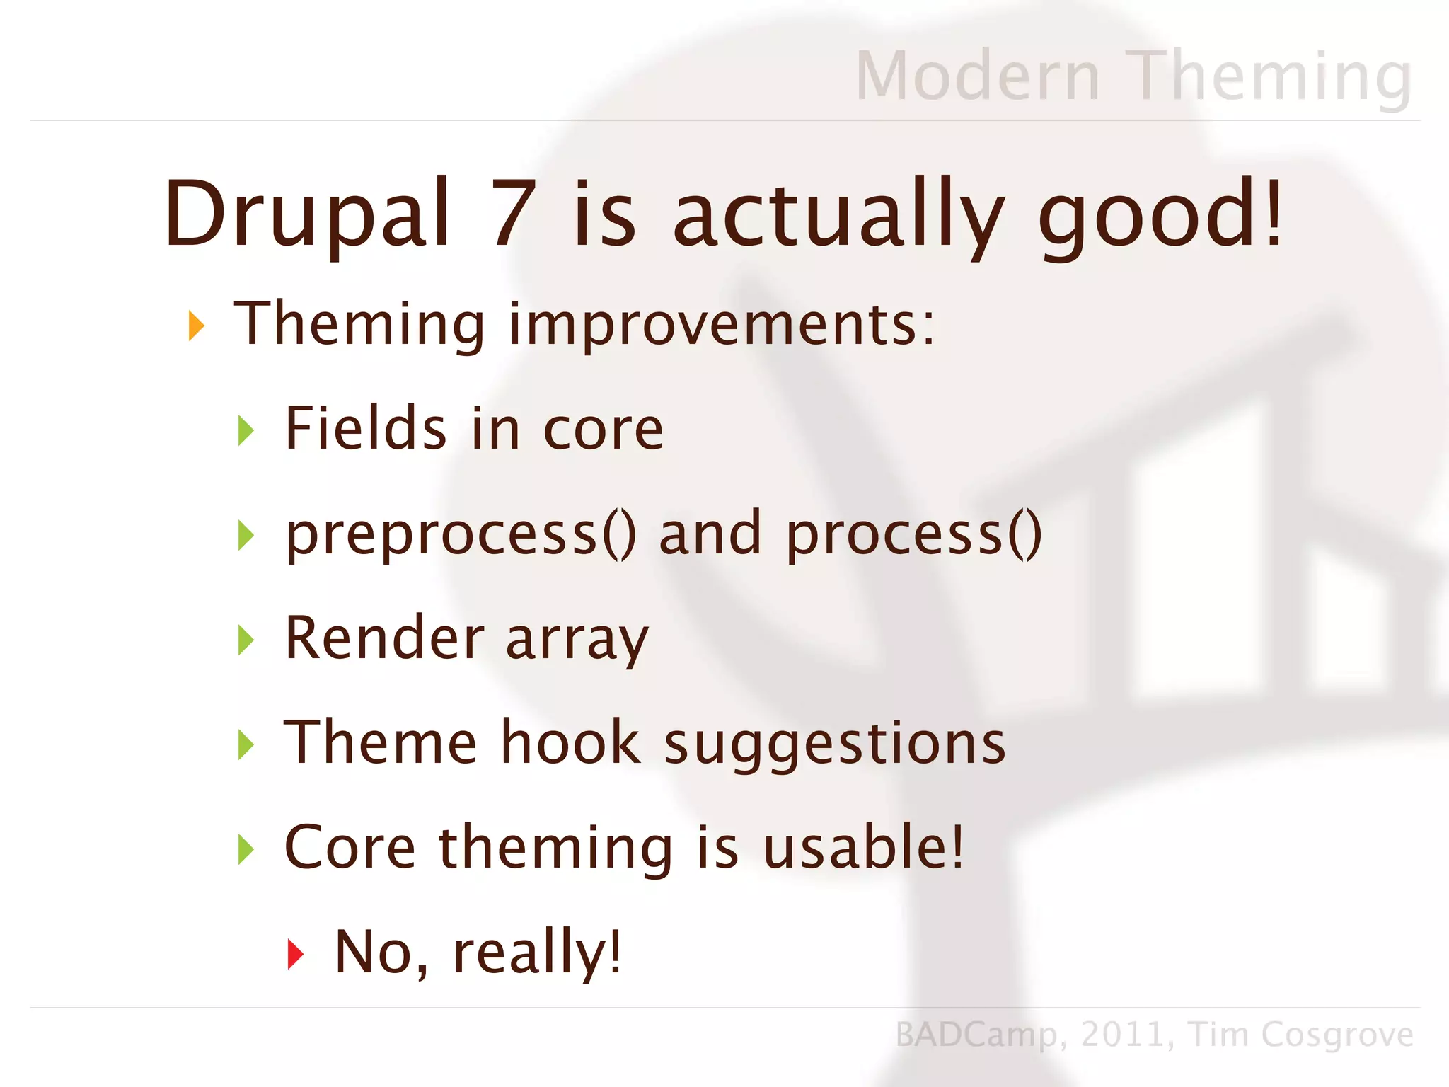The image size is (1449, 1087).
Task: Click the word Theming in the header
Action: (x=1269, y=76)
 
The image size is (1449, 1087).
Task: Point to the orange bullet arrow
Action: (x=196, y=326)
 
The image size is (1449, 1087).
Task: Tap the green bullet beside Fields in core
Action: (x=246, y=430)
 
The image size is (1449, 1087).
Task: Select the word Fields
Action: (x=366, y=428)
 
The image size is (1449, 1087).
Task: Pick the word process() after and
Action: (x=913, y=535)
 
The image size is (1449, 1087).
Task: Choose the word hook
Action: (x=570, y=742)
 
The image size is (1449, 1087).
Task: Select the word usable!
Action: (x=863, y=847)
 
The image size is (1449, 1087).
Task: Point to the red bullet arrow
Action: (x=296, y=954)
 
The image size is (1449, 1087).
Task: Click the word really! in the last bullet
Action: (x=537, y=953)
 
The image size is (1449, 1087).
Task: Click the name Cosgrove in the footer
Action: (x=1337, y=1035)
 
